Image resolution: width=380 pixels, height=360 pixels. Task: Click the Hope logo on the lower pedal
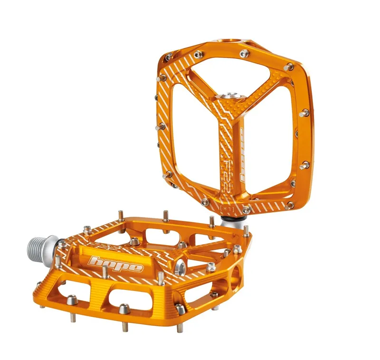[117, 263]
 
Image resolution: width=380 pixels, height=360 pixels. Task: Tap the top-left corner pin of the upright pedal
[168, 57]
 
